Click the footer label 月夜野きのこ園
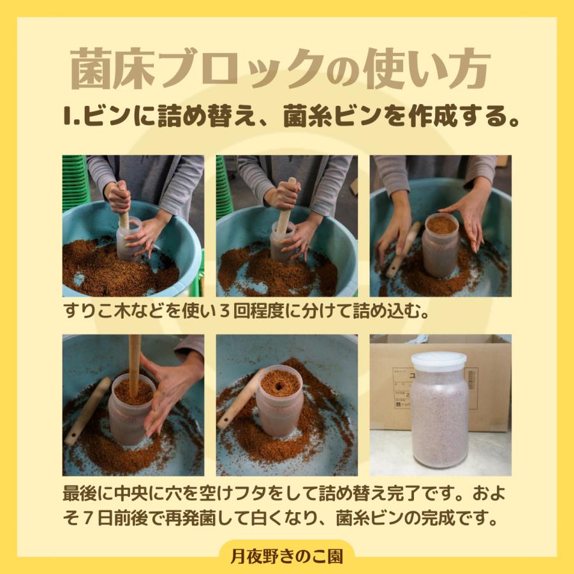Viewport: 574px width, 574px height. click(287, 556)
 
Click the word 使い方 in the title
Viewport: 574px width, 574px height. click(427, 70)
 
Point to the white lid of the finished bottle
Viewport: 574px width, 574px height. click(439, 360)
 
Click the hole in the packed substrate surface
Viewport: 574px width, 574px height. click(280, 385)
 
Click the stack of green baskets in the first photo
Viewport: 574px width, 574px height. click(75, 183)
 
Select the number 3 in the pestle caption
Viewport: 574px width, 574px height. click(224, 311)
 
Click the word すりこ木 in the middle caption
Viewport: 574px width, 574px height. click(97, 311)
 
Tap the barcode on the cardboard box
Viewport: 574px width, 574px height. click(471, 379)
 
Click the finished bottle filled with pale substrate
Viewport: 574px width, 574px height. click(439, 410)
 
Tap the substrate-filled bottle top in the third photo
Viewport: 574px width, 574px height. click(441, 224)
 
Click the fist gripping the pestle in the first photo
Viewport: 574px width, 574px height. click(119, 197)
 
